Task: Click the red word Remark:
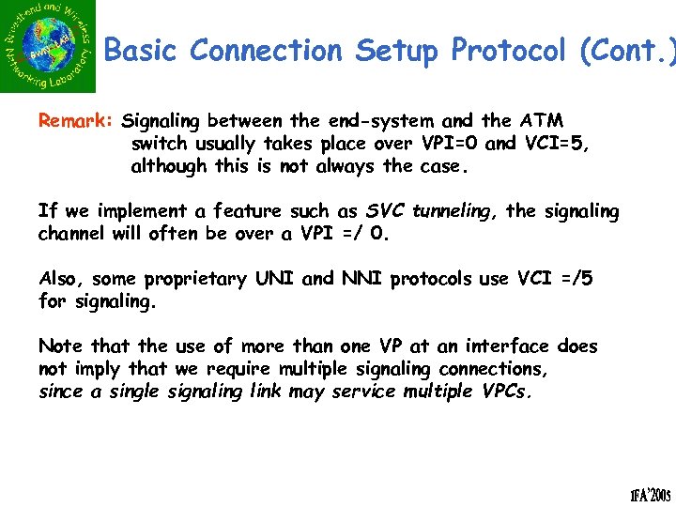pos(76,121)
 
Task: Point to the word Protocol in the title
pos(506,51)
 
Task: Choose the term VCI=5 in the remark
pos(554,145)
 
